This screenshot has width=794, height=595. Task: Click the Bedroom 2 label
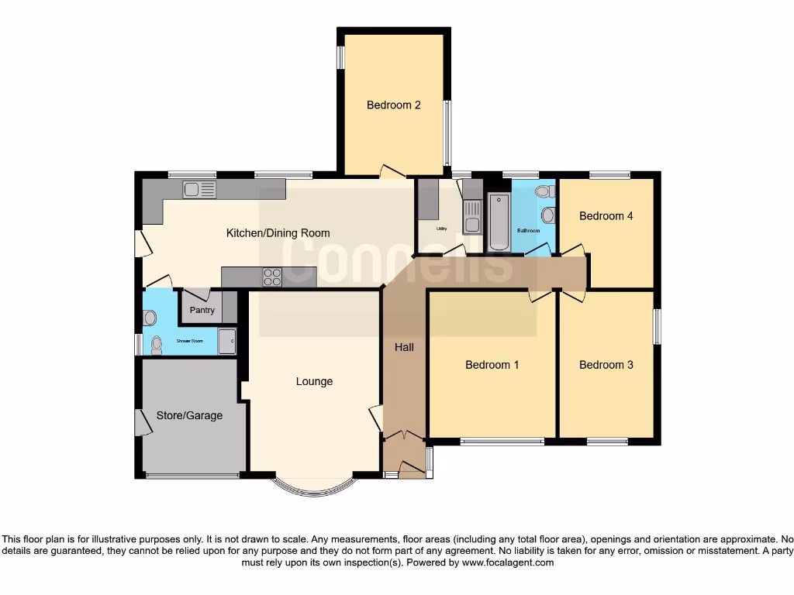click(x=393, y=105)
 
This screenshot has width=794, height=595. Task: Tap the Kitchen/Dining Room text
click(x=278, y=232)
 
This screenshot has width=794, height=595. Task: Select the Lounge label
click(x=314, y=381)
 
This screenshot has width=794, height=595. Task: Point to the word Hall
click(x=404, y=347)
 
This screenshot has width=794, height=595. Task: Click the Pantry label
click(x=202, y=311)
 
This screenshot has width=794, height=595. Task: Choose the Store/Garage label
click(x=189, y=415)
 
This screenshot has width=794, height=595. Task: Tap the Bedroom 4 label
click(x=606, y=216)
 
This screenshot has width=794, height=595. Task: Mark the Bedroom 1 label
click(x=492, y=364)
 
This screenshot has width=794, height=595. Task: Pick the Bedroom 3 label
click(x=606, y=364)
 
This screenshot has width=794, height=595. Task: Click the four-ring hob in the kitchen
click(x=272, y=277)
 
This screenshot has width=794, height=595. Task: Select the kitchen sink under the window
click(x=199, y=188)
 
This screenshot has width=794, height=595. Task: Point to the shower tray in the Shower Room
click(x=226, y=342)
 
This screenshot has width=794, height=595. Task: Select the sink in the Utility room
click(x=471, y=215)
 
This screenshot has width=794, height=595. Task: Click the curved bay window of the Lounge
click(x=314, y=487)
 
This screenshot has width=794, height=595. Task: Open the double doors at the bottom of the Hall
click(x=403, y=437)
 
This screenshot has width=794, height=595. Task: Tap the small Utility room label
click(x=441, y=229)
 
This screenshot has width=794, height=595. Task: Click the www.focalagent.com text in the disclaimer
click(x=508, y=563)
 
